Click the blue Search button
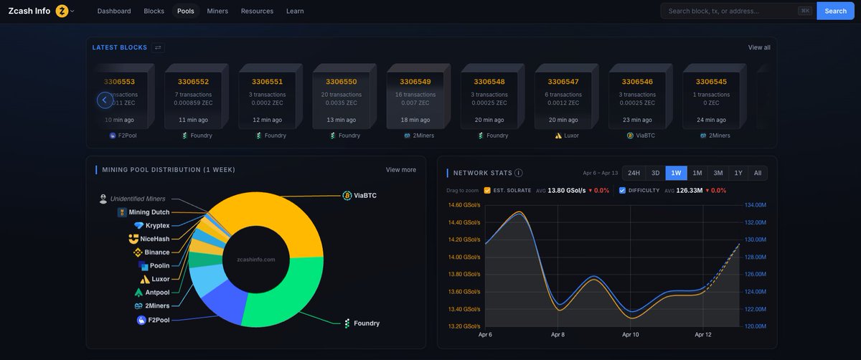835,11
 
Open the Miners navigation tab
217,11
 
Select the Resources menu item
257,11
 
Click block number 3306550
341,82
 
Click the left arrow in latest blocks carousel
105,100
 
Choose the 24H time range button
634,173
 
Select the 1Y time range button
738,173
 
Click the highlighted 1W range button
675,173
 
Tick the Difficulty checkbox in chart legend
622,190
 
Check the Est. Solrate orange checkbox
487,190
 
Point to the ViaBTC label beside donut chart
364,195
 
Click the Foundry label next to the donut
366,323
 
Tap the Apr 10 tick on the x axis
631,334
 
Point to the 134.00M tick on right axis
755,205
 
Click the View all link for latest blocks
758,47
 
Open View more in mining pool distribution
400,169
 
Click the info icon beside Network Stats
518,173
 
